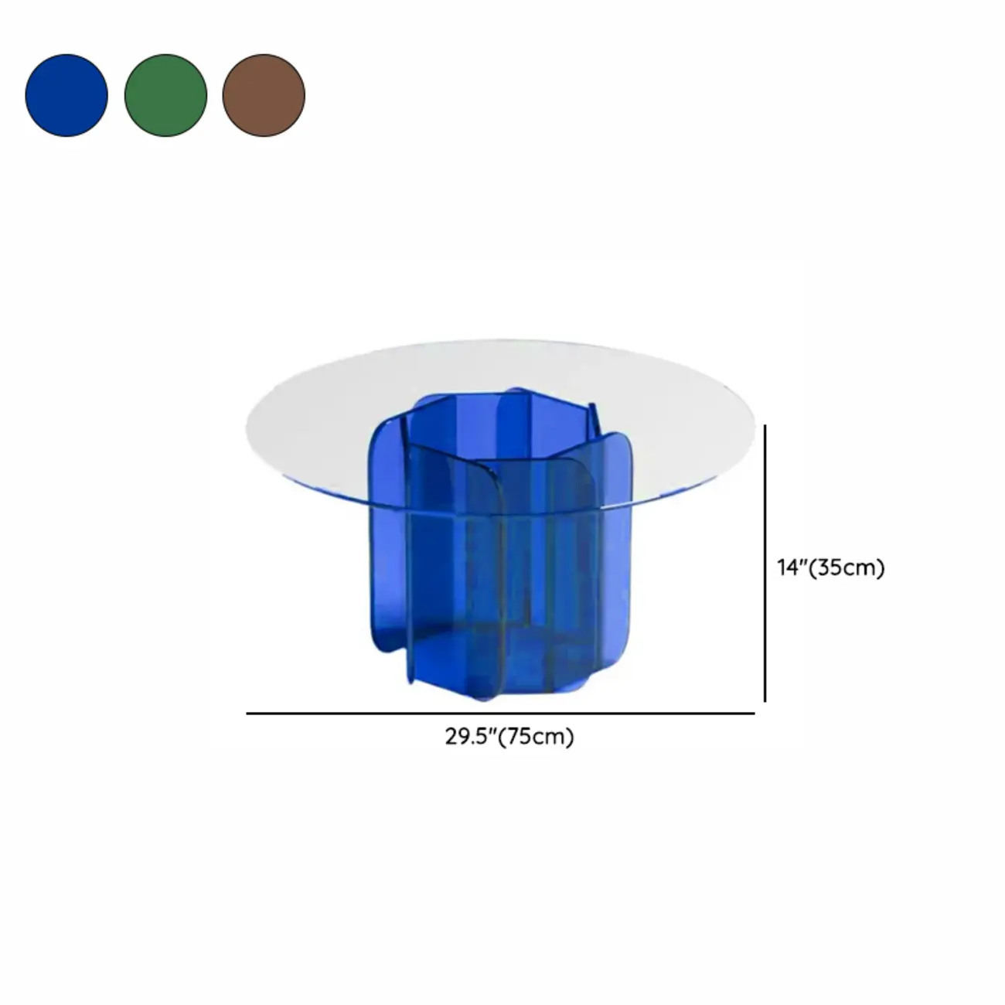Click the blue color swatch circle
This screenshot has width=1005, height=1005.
pyautogui.click(x=66, y=95)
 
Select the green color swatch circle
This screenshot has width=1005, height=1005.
pyautogui.click(x=165, y=95)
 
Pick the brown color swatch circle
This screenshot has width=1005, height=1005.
pyautogui.click(x=264, y=95)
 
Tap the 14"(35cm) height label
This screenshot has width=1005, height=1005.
pyautogui.click(x=830, y=567)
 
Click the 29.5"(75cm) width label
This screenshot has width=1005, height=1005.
pyautogui.click(x=509, y=737)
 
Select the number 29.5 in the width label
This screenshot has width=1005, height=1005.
pyautogui.click(x=465, y=737)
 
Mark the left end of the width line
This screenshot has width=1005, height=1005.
pyautogui.click(x=248, y=714)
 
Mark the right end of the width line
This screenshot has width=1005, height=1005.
pyautogui.click(x=753, y=714)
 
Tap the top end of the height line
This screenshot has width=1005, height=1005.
pyautogui.click(x=765, y=425)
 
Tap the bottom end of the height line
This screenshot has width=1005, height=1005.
pyautogui.click(x=765, y=700)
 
